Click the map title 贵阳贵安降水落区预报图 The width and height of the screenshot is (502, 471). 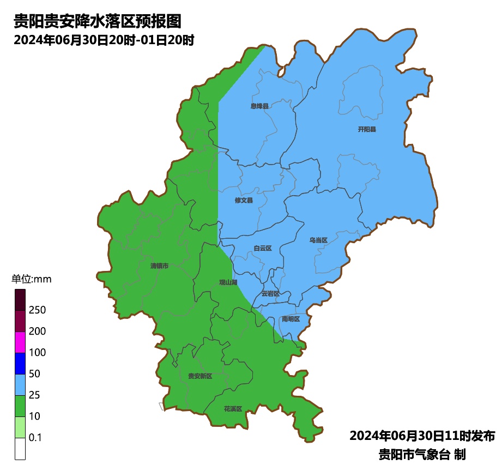(x=96, y=21)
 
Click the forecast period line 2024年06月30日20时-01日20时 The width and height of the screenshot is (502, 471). (x=104, y=40)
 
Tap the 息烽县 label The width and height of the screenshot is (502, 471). (x=259, y=106)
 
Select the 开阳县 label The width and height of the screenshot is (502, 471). (x=367, y=129)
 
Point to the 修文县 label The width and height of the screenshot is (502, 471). (x=244, y=201)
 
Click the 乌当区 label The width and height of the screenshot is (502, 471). (x=318, y=240)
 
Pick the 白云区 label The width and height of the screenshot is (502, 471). (x=262, y=249)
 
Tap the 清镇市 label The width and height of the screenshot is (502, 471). (x=159, y=266)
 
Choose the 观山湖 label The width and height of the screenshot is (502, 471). (x=228, y=282)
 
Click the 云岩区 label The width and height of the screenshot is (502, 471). (x=270, y=293)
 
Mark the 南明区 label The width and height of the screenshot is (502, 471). (x=291, y=319)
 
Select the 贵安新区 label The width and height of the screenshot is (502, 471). (x=199, y=376)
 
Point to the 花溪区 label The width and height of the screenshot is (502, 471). (x=232, y=408)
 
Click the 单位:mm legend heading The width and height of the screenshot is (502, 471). (x=31, y=280)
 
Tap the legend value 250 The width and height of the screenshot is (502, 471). (x=37, y=310)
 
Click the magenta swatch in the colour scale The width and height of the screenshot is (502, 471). (x=20, y=342)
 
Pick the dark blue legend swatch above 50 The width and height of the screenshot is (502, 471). (x=20, y=364)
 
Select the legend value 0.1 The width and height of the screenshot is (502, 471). (x=35, y=438)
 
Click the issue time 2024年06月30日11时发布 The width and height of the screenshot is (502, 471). (x=422, y=436)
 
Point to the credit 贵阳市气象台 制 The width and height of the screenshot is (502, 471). (x=422, y=454)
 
